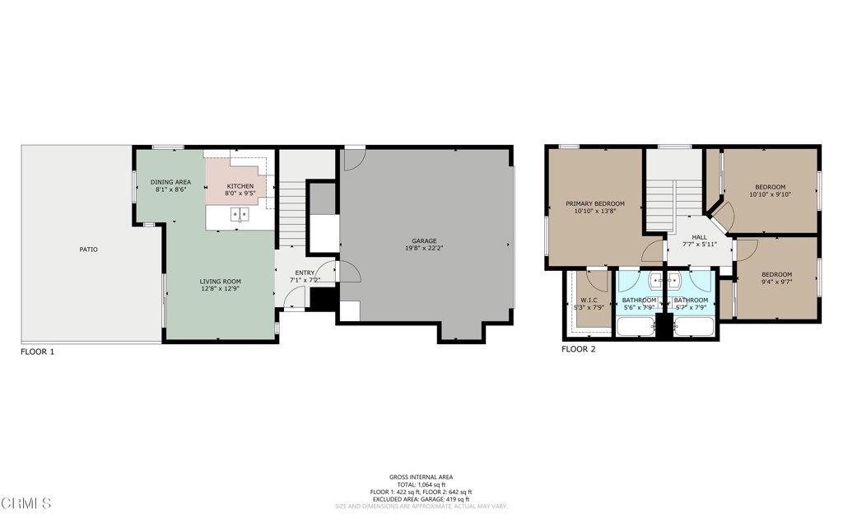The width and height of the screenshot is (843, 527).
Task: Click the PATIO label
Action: pos(89,249)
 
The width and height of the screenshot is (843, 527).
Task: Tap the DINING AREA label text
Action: pos(170,182)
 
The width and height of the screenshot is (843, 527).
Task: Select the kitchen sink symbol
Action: pos(240,215)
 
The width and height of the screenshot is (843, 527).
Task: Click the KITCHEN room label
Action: pos(240,186)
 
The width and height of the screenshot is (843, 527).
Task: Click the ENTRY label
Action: pos(304,273)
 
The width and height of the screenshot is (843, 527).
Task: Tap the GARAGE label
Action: pos(425,241)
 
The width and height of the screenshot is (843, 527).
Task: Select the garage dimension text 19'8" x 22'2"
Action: pos(425,250)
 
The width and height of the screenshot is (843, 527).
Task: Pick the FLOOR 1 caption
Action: pos(37,352)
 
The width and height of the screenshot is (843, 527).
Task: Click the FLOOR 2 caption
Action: pos(578,349)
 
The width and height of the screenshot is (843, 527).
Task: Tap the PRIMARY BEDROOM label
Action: pos(594,203)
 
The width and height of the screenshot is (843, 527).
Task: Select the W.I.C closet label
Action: pos(589,300)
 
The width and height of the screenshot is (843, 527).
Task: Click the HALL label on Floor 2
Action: pos(699,236)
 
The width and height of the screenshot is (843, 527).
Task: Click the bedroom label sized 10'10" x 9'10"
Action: pos(769,187)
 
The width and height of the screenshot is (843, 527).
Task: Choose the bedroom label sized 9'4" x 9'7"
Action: pos(776,274)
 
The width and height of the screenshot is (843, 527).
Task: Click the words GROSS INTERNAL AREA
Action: pos(421,477)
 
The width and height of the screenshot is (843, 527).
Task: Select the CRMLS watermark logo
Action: pos(27,502)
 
